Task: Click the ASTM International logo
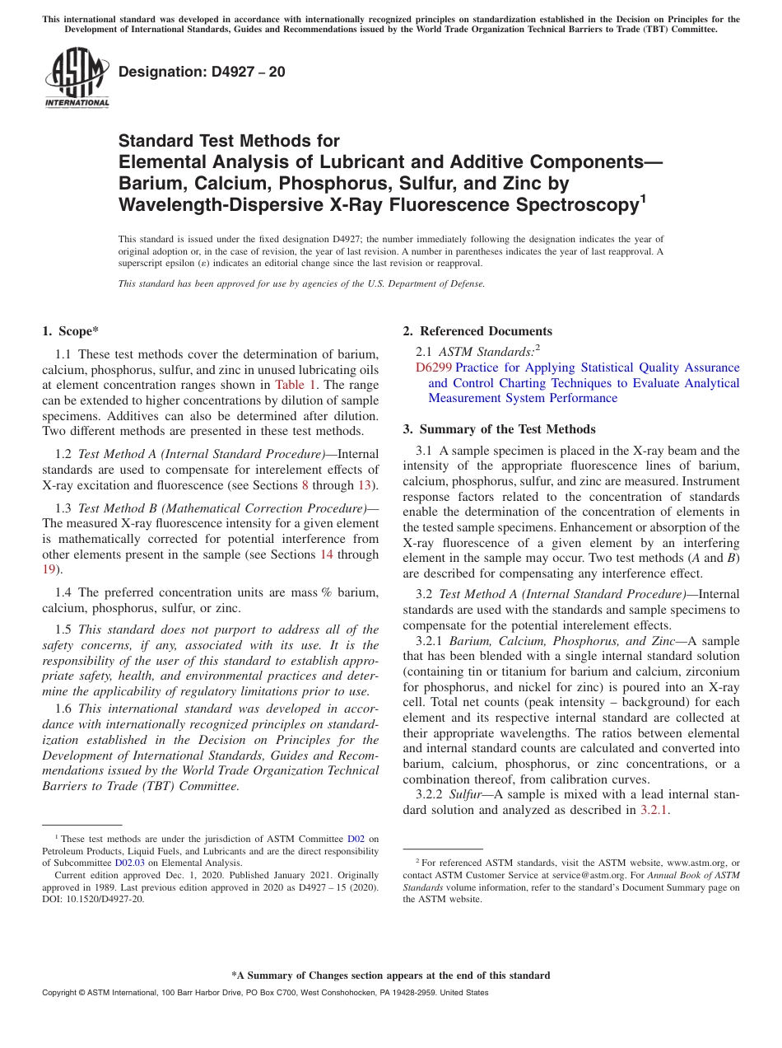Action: pyautogui.click(x=77, y=77)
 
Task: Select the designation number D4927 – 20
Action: pyautogui.click(x=202, y=72)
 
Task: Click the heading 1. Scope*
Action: pyautogui.click(x=70, y=331)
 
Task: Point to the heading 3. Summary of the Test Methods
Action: pyautogui.click(x=499, y=429)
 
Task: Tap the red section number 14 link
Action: pyautogui.click(x=326, y=554)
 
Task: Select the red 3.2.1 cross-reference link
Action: pyautogui.click(x=654, y=810)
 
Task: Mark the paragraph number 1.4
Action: pyautogui.click(x=63, y=592)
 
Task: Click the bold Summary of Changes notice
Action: pyautogui.click(x=390, y=975)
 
